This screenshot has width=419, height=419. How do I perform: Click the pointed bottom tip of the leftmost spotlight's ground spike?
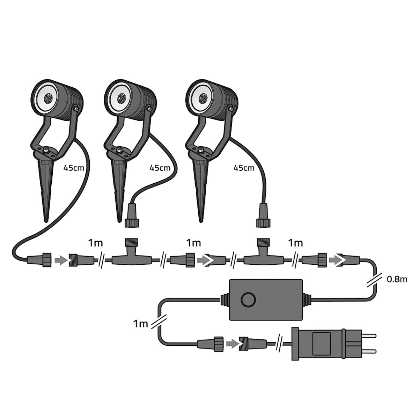pos(46,222)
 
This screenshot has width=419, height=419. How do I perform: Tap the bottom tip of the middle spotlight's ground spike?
pos(119,222)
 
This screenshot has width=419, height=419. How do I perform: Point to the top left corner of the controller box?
pos(230,280)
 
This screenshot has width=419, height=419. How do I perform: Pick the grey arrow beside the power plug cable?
pos(233,343)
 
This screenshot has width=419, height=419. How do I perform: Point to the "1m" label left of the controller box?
pos(140,324)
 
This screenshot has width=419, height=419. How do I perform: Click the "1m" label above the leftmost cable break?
pos(95,243)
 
